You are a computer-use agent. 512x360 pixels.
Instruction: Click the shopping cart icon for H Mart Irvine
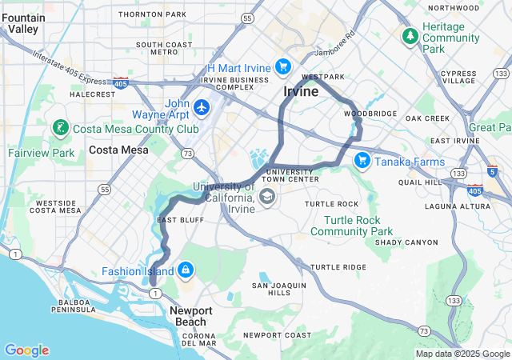click(x=282, y=66)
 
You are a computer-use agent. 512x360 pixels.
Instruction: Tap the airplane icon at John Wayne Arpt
click(x=201, y=106)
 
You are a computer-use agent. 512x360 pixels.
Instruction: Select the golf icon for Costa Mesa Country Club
click(x=59, y=129)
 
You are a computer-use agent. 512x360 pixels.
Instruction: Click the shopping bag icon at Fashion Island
click(x=186, y=271)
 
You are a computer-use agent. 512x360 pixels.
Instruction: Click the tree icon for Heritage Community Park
click(x=410, y=37)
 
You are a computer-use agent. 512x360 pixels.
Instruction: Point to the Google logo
click(x=26, y=350)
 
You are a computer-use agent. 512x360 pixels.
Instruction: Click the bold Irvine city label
click(x=301, y=92)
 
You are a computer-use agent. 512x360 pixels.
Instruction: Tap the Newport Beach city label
click(x=190, y=316)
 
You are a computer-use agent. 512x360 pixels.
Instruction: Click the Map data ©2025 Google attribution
click(x=462, y=354)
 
